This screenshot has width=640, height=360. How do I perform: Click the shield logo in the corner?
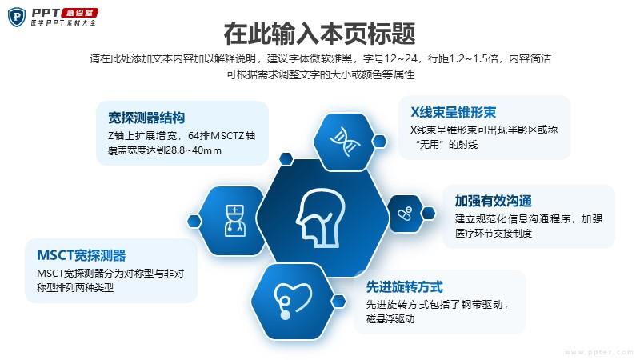(x=17, y=17)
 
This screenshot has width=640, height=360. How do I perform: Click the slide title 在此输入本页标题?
(x=319, y=34)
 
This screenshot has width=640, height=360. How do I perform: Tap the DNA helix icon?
(x=345, y=142)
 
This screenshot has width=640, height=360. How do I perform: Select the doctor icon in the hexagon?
(x=234, y=221)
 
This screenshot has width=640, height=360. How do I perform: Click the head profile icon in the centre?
(x=321, y=218)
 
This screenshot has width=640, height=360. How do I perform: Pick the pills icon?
(x=405, y=213)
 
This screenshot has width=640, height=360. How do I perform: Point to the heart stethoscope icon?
(x=292, y=301)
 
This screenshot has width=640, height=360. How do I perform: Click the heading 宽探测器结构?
(x=146, y=118)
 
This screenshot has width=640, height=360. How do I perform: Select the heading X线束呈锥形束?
(x=453, y=112)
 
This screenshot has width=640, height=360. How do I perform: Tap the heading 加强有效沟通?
(x=493, y=201)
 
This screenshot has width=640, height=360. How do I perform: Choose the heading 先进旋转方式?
(x=404, y=287)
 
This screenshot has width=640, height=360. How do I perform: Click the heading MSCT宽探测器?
(x=82, y=255)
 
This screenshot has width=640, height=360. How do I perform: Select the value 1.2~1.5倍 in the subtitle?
(x=474, y=58)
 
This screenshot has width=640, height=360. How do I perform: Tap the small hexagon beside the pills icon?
(x=428, y=213)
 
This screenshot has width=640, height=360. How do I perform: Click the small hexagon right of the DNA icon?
(x=379, y=142)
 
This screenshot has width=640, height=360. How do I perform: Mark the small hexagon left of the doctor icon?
(x=194, y=221)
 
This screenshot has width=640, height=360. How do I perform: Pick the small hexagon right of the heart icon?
(x=338, y=302)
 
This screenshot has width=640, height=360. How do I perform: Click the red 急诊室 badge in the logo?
(x=79, y=13)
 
